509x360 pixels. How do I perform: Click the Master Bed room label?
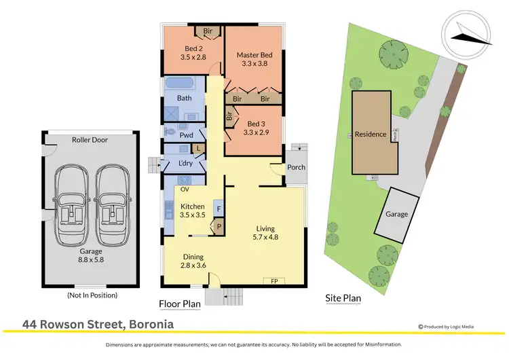[x=254, y=55]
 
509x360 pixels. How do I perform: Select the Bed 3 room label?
[x=255, y=124]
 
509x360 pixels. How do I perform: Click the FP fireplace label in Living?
[x=274, y=280]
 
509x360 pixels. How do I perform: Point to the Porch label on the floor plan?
[x=297, y=167]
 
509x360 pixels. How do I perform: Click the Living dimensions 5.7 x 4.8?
[x=265, y=237]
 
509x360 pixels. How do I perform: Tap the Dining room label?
[x=193, y=257]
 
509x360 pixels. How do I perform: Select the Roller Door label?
[x=90, y=140]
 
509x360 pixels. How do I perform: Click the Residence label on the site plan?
[x=371, y=134]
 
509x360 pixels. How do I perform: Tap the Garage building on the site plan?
[x=397, y=214]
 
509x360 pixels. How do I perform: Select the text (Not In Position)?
[x=92, y=295]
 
